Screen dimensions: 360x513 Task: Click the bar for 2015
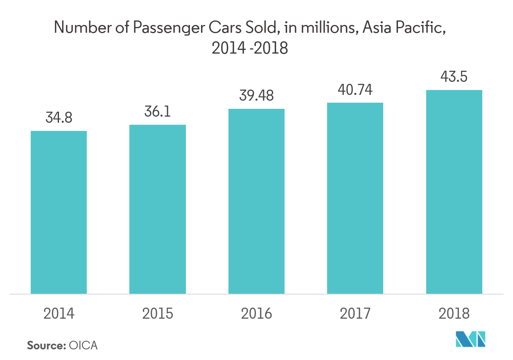[158, 209]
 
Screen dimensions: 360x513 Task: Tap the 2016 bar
[256, 201]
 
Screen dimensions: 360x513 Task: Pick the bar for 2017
[355, 198]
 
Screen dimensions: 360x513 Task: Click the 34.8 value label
[59, 118]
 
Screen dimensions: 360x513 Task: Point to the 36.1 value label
[158, 112]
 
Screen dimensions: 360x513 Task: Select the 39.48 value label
[256, 96]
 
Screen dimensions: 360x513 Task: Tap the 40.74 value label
[355, 90]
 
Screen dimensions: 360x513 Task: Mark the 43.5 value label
[454, 77]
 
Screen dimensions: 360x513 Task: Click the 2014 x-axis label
[59, 314]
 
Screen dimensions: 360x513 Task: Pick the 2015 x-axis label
[158, 314]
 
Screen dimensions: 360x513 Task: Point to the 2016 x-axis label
[256, 314]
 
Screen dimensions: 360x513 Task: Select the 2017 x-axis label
[355, 314]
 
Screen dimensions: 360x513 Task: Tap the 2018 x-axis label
[454, 314]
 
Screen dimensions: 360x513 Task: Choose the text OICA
[83, 345]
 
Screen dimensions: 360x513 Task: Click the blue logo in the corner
[471, 339]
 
